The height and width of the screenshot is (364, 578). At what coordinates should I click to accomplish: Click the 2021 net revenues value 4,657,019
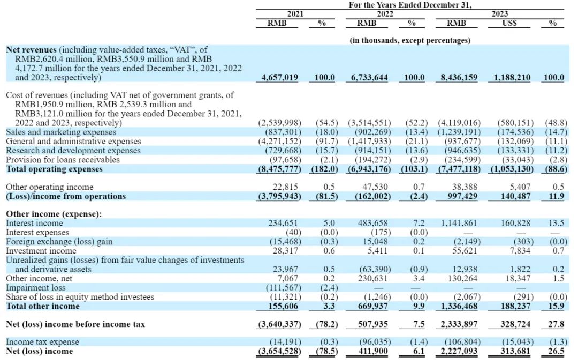pyautogui.click(x=279, y=78)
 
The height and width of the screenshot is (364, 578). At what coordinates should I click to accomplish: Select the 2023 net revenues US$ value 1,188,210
pyautogui.click(x=509, y=78)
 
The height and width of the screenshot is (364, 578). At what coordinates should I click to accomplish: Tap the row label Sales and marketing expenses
pyautogui.click(x=60, y=132)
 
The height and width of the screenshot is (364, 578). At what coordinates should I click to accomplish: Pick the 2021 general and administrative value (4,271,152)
pyautogui.click(x=279, y=141)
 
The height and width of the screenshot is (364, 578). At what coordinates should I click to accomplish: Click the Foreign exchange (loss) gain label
pyautogui.click(x=59, y=242)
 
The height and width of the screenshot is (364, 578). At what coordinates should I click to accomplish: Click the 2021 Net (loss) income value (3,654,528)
pyautogui.click(x=277, y=351)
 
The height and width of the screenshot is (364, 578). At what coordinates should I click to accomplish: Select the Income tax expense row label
pyautogui.click(x=42, y=342)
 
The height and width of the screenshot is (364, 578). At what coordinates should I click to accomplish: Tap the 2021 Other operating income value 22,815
pyautogui.click(x=286, y=187)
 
